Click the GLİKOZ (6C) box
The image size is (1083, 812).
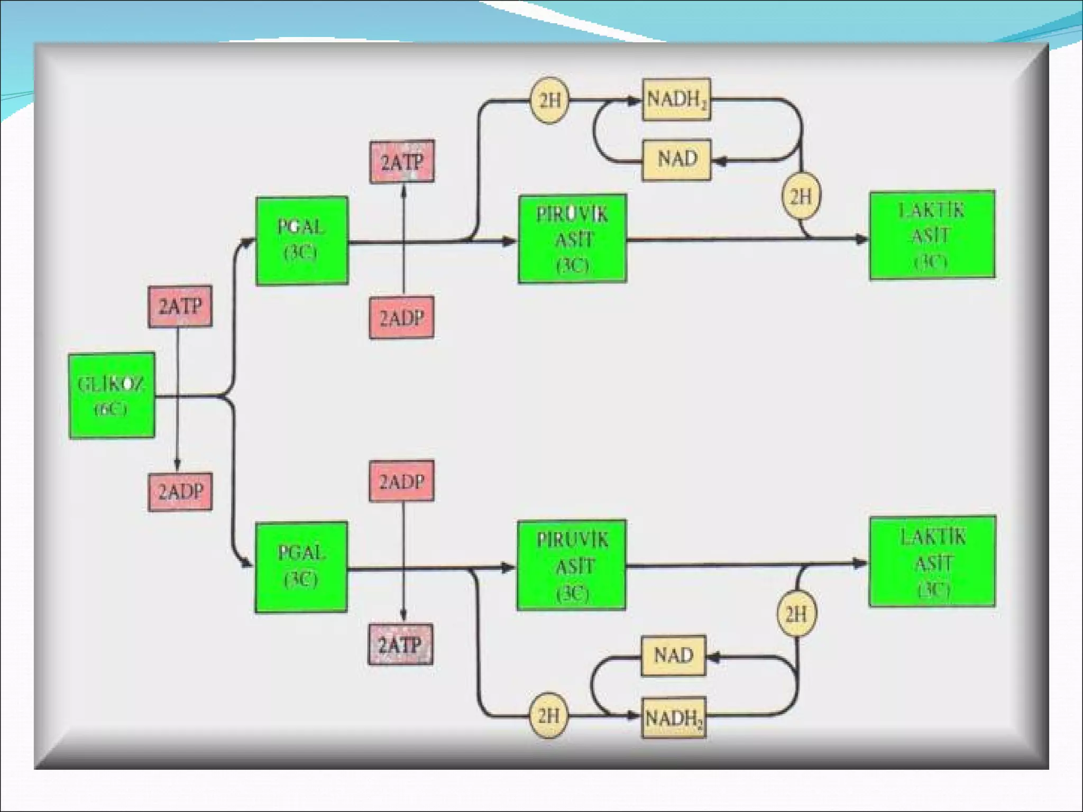[x=112, y=395]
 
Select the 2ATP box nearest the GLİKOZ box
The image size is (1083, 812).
[x=180, y=307]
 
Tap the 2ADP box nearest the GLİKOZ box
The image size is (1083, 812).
[x=180, y=492]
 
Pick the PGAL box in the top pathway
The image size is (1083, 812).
[x=301, y=241]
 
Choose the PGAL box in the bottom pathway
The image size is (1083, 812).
[x=301, y=567]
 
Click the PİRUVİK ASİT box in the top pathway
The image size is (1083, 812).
[x=572, y=239]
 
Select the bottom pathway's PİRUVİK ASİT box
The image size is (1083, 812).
[x=571, y=565]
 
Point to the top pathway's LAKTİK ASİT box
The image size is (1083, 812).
[x=932, y=235]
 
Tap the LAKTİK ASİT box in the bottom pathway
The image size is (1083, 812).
[x=932, y=561]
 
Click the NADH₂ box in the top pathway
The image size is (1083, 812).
[x=676, y=99]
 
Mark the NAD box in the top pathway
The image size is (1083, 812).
[x=676, y=160]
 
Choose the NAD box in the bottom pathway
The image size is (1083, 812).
[x=673, y=656]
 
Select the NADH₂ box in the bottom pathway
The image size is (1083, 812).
[x=673, y=717]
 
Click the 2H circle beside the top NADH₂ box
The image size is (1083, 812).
[x=549, y=100]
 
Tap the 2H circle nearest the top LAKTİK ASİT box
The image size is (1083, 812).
[x=801, y=196]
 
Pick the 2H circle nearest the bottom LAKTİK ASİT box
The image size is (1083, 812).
[x=796, y=614]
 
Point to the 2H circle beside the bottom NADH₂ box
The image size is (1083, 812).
[x=548, y=716]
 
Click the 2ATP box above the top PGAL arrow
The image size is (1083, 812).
[x=402, y=162]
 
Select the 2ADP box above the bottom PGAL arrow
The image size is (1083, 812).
[x=401, y=481]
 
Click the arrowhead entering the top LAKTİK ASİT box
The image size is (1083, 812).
[x=862, y=239]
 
